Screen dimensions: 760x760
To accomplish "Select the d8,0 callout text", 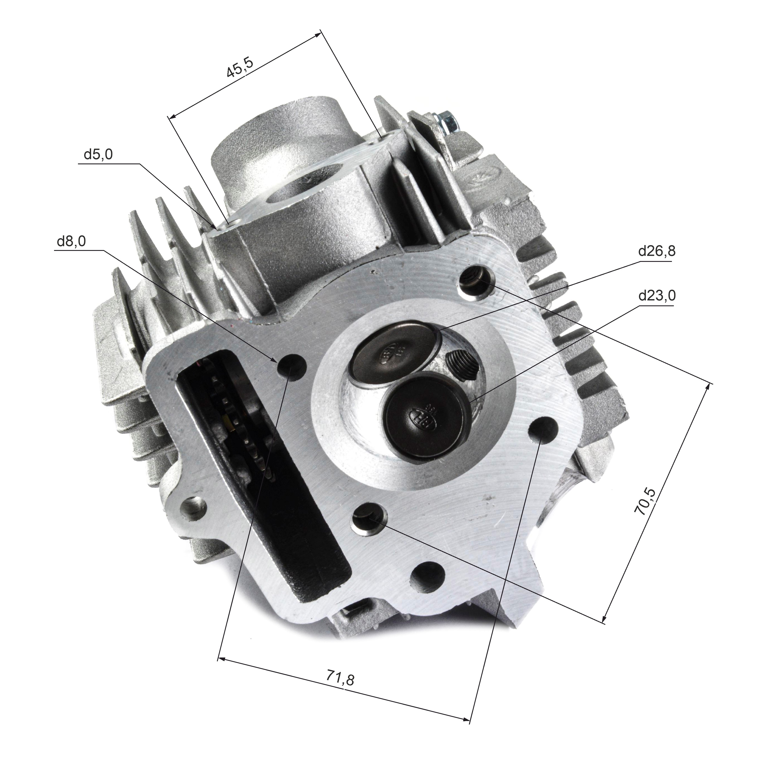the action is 71,241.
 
